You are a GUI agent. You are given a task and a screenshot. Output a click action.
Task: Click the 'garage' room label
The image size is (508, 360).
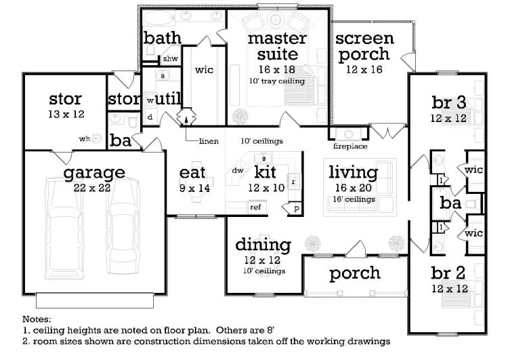(x=94, y=174)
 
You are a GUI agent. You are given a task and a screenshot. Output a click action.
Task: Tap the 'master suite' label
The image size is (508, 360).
(x=277, y=45)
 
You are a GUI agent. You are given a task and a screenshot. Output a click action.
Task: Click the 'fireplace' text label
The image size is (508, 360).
(x=350, y=146)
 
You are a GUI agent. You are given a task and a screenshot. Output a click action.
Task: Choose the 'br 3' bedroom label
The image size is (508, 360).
(x=448, y=103)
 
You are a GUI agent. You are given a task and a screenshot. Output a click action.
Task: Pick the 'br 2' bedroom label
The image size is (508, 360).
(x=448, y=273)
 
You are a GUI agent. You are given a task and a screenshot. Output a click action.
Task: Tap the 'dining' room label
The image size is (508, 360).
(x=263, y=245)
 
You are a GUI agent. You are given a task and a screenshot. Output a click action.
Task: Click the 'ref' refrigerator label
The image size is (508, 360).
(x=255, y=207)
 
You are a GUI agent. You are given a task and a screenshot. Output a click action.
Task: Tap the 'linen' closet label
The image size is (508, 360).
(x=209, y=141)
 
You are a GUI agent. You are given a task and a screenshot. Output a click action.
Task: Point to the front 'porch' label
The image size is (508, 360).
(x=354, y=273)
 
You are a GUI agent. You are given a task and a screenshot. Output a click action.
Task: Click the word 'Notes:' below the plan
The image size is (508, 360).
(x=37, y=318)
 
